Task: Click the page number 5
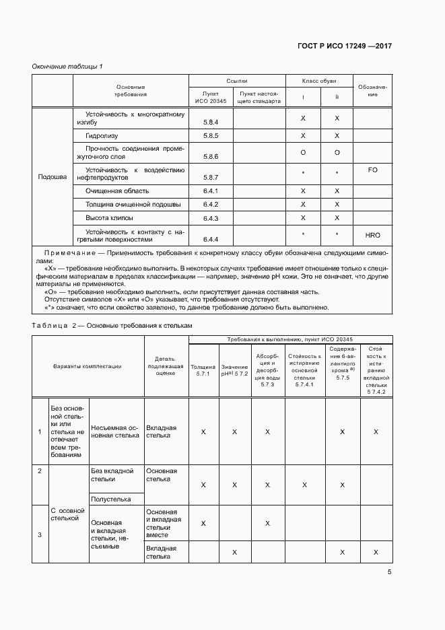pyautogui.click(x=390, y=573)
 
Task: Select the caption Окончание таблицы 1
pyautogui.click(x=67, y=66)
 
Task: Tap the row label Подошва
pyautogui.click(x=53, y=178)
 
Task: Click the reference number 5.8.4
pyautogui.click(x=211, y=123)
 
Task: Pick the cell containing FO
pyautogui.click(x=372, y=170)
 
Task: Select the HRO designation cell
pyautogui.click(x=372, y=236)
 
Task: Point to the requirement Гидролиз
pyautogui.click(x=102, y=136)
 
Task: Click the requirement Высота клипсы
pyautogui.click(x=109, y=218)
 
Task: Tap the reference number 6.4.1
pyautogui.click(x=211, y=191)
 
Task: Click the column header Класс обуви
pyautogui.click(x=320, y=80)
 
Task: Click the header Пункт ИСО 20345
pyautogui.click(x=211, y=97)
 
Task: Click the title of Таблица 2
pyautogui.click(x=112, y=325)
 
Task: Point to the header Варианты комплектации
pyautogui.click(x=88, y=366)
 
